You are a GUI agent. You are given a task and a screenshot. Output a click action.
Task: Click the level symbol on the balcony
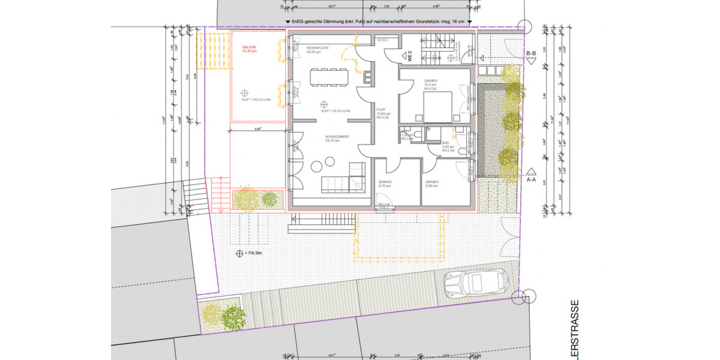[x=244, y=93]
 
